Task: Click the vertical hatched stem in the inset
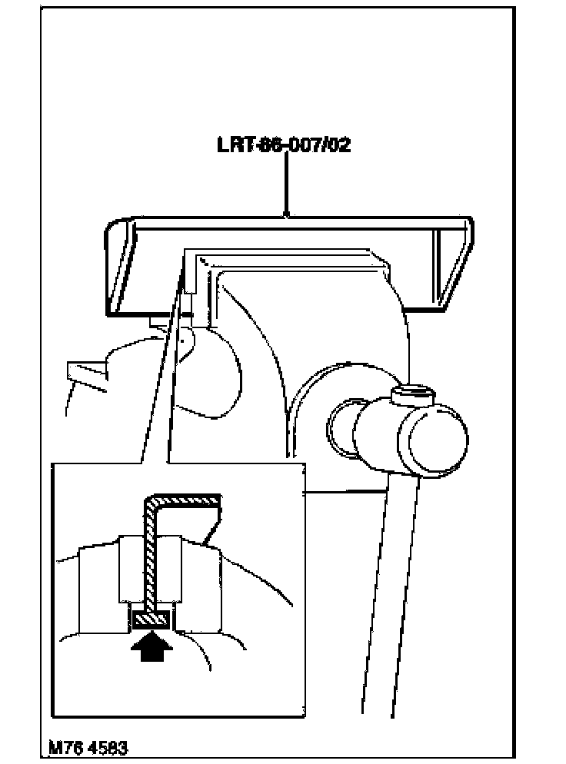coord(150,553)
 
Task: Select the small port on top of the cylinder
coord(414,397)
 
